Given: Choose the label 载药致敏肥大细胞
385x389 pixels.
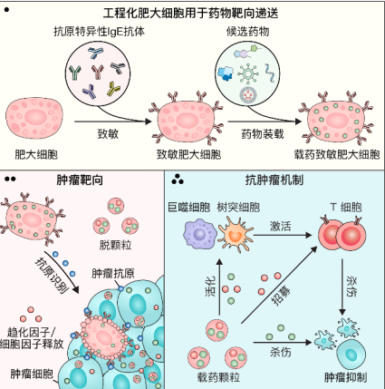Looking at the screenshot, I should (334, 155).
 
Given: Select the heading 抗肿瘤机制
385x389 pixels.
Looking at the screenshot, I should (272, 179).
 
